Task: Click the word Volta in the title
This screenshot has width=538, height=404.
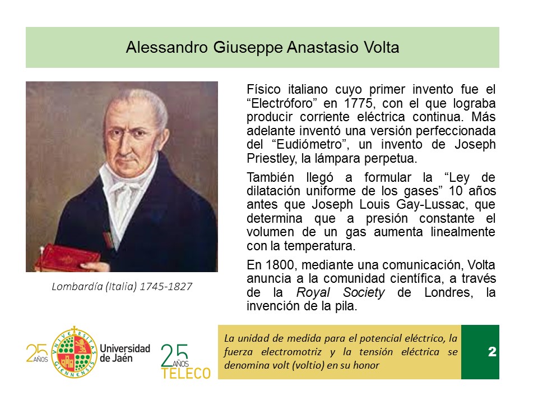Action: pyautogui.click(x=382, y=47)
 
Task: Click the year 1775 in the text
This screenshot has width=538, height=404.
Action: pyautogui.click(x=359, y=103)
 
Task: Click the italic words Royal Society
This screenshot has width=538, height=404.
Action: pyautogui.click(x=340, y=293)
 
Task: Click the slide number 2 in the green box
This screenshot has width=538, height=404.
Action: pyautogui.click(x=492, y=351)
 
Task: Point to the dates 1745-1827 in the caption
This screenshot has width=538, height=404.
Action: pyautogui.click(x=166, y=287)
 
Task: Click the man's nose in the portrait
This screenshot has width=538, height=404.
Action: pyautogui.click(x=122, y=144)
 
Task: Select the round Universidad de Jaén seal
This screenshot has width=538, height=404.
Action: pyautogui.click(x=74, y=352)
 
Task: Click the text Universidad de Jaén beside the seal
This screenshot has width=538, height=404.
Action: pyautogui.click(x=125, y=353)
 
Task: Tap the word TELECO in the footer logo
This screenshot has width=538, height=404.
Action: pyautogui.click(x=186, y=374)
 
